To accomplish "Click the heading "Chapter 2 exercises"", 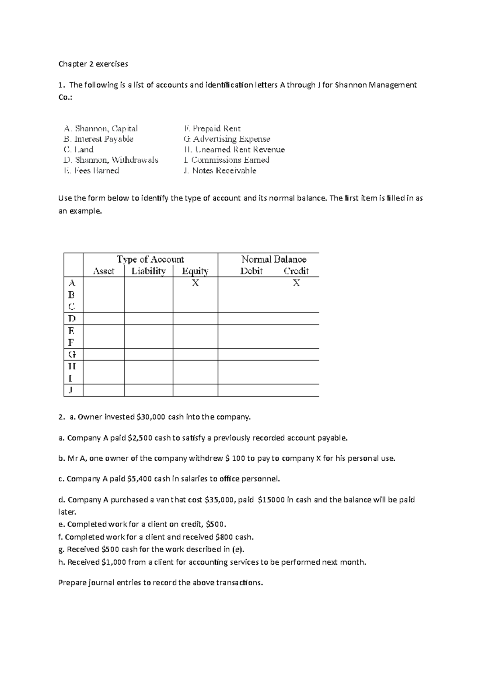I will [x=93, y=64].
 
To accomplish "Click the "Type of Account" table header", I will [x=150, y=259].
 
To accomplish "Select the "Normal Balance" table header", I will [x=274, y=259].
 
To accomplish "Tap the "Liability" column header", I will [x=149, y=271].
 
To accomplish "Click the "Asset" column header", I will [x=104, y=271].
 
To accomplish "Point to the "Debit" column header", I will [x=251, y=271].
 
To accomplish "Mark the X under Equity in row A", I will [x=195, y=283].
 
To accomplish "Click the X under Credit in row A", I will [x=296, y=283].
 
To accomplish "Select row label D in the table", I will [x=72, y=319].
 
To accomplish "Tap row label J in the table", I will [x=71, y=390].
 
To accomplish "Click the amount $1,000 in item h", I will [x=114, y=562].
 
